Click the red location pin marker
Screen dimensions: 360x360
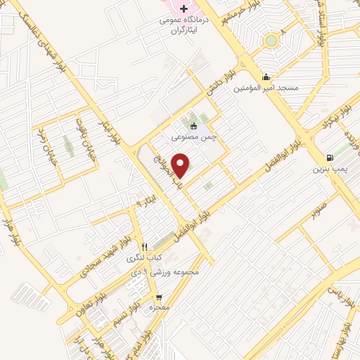181,165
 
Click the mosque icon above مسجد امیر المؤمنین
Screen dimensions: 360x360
266,77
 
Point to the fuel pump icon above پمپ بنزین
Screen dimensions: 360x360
330,157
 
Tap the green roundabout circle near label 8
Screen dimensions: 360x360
271,41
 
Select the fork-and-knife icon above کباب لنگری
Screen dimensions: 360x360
144,247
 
